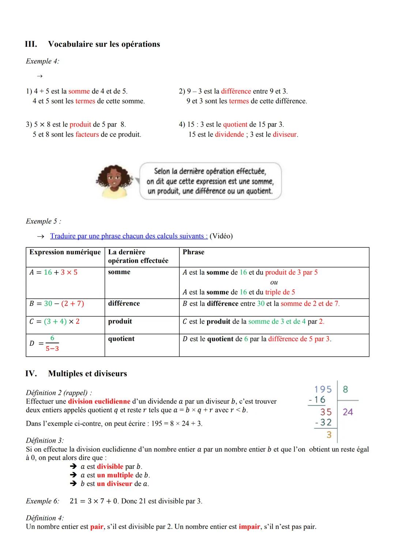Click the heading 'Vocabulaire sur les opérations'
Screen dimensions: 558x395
click(104, 44)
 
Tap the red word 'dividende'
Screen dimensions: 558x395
click(229, 134)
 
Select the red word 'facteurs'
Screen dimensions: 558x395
click(87, 134)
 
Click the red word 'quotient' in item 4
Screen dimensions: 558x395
click(235, 125)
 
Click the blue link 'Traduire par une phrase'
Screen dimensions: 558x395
click(129, 236)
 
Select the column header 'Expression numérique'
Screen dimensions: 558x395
click(65, 252)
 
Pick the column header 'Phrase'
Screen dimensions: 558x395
click(193, 252)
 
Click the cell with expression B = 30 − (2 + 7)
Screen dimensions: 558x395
click(57, 304)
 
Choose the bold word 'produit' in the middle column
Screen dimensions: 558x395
click(120, 321)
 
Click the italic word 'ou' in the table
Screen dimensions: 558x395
click(274, 282)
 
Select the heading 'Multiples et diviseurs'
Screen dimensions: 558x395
click(87, 373)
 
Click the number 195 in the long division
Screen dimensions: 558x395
click(323, 389)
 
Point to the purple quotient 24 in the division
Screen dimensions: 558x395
click(348, 412)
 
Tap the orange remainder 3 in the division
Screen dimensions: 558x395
click(329, 434)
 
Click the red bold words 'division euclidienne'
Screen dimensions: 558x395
click(99, 401)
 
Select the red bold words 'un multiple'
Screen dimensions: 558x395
click(115, 475)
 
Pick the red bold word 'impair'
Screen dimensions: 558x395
click(249, 527)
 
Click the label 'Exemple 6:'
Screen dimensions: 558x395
click(42, 501)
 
